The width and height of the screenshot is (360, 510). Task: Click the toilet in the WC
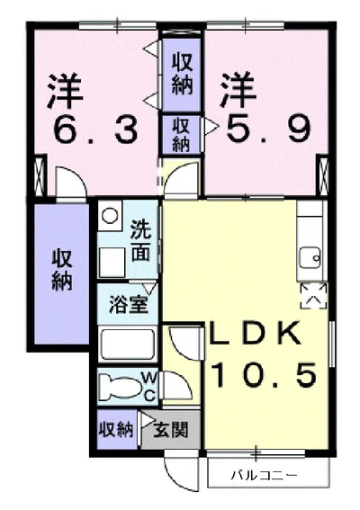[120, 387]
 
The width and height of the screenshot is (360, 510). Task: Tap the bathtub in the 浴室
[128, 344]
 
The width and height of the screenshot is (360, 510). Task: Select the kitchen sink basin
[310, 257]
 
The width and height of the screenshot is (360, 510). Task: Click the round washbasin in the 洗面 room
[110, 215]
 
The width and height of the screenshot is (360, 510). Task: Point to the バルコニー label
[264, 476]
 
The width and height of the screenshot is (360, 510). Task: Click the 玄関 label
[171, 430]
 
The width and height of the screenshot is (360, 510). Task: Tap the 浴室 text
[128, 304]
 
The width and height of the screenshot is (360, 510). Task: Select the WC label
[149, 387]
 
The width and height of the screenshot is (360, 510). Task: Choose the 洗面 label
[141, 241]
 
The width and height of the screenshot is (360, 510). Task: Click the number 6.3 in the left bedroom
[95, 130]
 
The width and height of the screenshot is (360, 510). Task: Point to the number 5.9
[268, 130]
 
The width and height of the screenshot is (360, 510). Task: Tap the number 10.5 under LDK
[264, 374]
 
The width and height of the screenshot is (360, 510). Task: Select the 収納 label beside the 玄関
[116, 430]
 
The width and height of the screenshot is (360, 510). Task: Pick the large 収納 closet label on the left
[62, 270]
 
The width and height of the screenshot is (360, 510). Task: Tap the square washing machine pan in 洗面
[112, 263]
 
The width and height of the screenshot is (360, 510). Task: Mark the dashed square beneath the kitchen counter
[313, 296]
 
